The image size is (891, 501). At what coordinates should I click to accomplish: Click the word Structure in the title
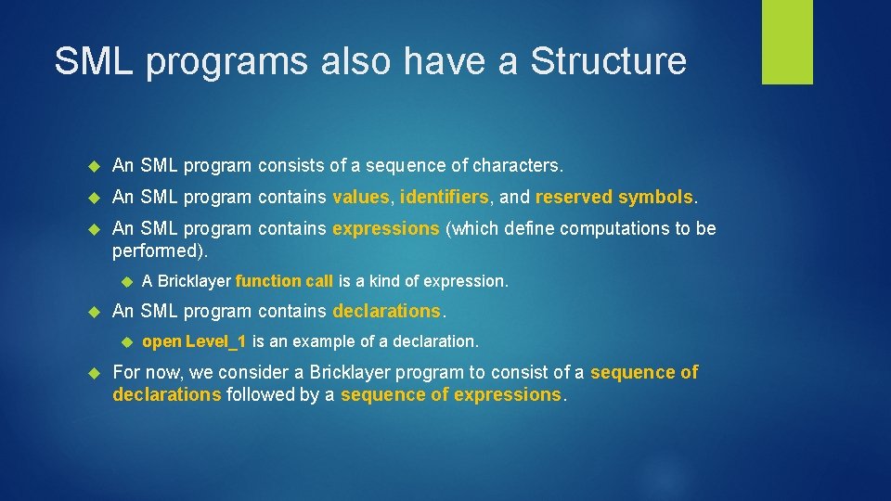pos(608,61)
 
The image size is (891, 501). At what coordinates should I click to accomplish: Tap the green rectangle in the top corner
pos(787,42)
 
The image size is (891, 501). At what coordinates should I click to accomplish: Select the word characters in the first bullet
pos(516,166)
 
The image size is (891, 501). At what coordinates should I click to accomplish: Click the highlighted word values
pos(361,197)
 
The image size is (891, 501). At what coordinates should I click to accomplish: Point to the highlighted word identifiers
pos(444,197)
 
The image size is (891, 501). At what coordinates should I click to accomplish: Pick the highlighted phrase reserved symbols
pos(613,197)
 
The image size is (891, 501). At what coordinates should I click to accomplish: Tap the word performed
pos(158,250)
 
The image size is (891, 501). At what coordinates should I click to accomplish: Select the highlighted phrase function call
pos(284,281)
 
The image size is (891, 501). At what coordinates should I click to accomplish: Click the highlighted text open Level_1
pos(194,341)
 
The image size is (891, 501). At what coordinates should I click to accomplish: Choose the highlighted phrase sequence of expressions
pos(451,395)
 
